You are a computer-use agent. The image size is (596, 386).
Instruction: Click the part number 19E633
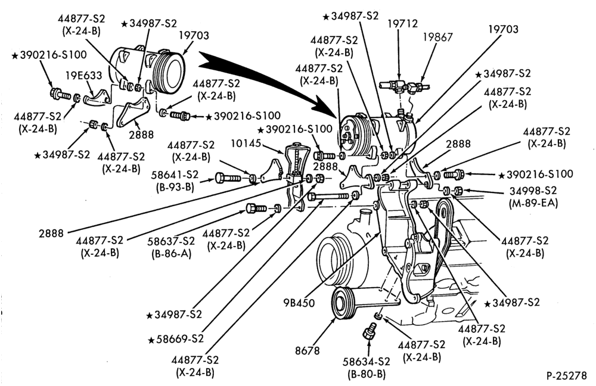pyautogui.click(x=83, y=75)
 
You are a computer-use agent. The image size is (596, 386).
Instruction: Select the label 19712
pyautogui.click(x=402, y=24)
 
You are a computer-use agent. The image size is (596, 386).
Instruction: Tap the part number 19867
pyautogui.click(x=437, y=37)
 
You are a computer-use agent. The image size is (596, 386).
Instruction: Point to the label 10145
pyautogui.click(x=246, y=143)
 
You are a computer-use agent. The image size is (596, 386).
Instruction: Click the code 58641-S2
pyautogui.click(x=175, y=175)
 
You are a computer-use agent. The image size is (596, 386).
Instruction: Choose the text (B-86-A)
pyautogui.click(x=173, y=253)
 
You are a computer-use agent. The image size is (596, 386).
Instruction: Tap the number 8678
pyautogui.click(x=307, y=350)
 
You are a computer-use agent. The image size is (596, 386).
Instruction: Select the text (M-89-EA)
pyautogui.click(x=533, y=203)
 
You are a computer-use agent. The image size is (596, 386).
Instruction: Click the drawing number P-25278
pyautogui.click(x=567, y=375)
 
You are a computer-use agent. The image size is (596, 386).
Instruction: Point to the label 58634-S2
pyautogui.click(x=367, y=361)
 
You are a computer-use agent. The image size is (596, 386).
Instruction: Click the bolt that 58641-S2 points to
pyautogui.click(x=228, y=178)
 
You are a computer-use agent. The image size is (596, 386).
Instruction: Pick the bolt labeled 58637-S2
pyautogui.click(x=256, y=208)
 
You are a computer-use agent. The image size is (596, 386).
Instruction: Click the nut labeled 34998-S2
pyautogui.click(x=458, y=190)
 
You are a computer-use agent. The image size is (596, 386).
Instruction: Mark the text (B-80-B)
pyautogui.click(x=367, y=374)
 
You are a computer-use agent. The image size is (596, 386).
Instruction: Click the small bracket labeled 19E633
pyautogui.click(x=95, y=97)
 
